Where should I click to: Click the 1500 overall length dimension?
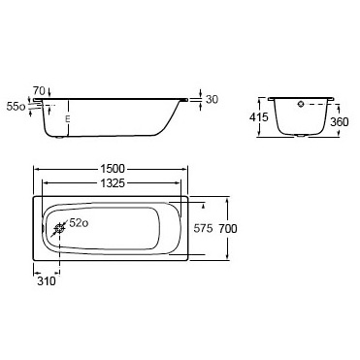[x=113, y=169]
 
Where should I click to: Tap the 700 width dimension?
[x=228, y=229]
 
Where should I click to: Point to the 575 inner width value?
[x=203, y=229]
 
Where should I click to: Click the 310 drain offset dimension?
[x=47, y=281]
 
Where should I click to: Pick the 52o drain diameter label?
[x=79, y=223]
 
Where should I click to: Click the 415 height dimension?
[x=259, y=116]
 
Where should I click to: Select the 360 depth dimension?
[x=340, y=122]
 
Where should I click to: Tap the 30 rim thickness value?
[x=212, y=99]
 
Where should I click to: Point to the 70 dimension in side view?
[x=39, y=89]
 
